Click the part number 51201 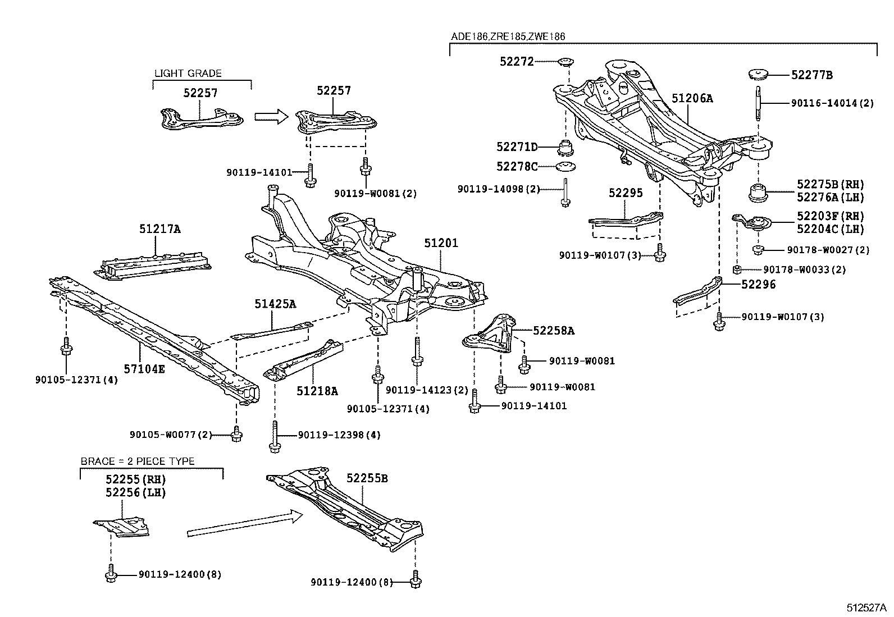(441, 243)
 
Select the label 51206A (692, 99)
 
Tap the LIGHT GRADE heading (188, 73)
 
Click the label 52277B (812, 75)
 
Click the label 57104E (144, 369)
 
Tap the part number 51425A (275, 304)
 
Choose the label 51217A (160, 229)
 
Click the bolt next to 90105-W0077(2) (236, 433)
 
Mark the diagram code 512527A (866, 608)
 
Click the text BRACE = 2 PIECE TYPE (138, 461)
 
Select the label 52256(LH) (136, 492)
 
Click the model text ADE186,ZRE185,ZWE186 (508, 36)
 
